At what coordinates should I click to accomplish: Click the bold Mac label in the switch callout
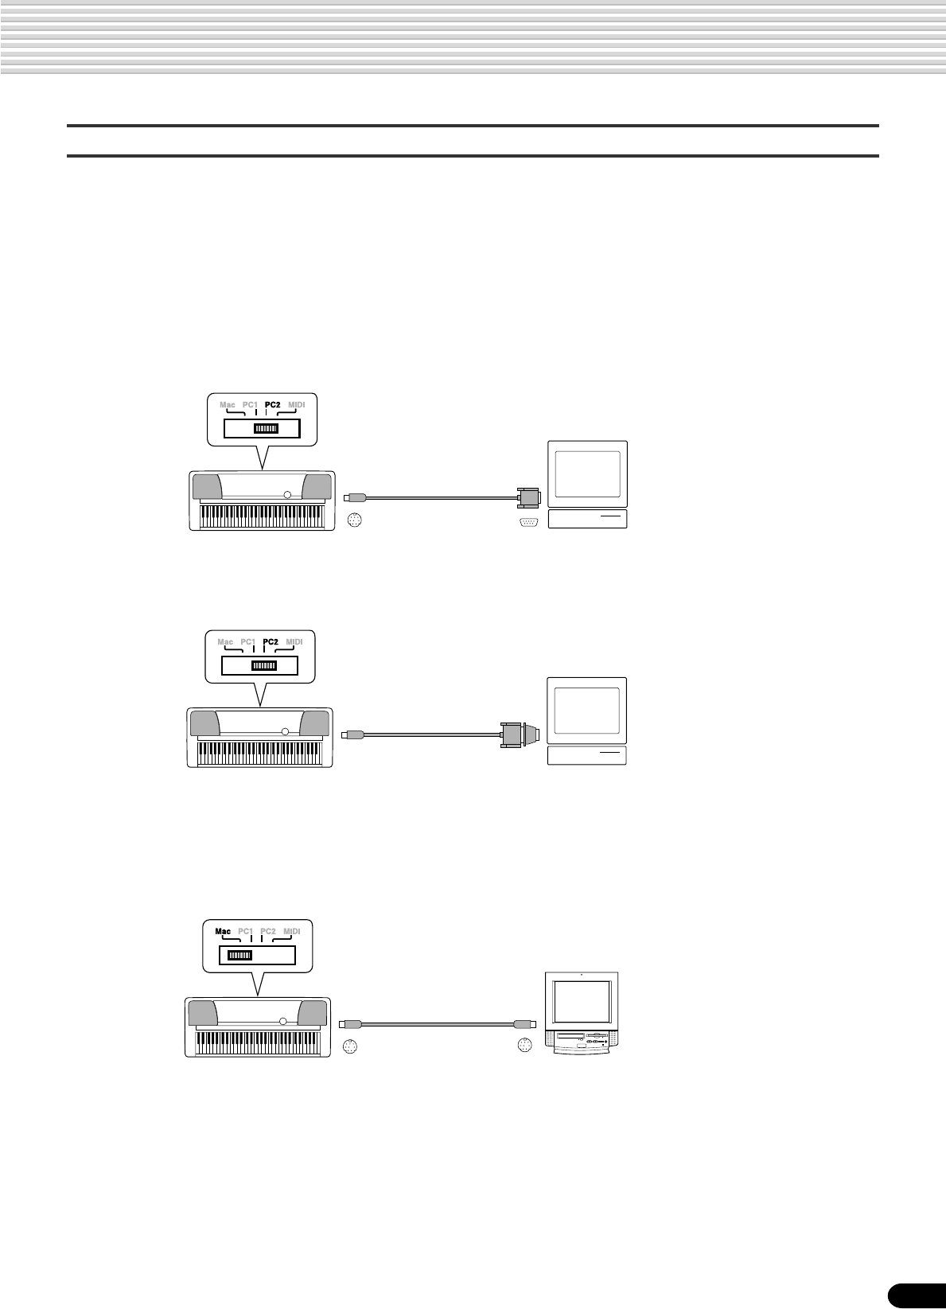click(223, 931)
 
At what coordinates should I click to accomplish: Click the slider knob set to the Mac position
click(239, 956)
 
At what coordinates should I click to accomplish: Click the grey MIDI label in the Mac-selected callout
click(292, 931)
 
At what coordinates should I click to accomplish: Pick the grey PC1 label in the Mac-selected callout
click(245, 931)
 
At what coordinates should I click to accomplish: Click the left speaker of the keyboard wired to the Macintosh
click(202, 1013)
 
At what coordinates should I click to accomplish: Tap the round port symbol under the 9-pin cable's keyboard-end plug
click(356, 522)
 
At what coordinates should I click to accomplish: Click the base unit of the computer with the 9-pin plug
click(588, 519)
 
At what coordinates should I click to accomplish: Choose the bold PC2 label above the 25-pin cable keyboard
click(271, 642)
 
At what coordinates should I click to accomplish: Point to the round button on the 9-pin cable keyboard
click(287, 495)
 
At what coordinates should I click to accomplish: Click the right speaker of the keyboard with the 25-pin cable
click(314, 723)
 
